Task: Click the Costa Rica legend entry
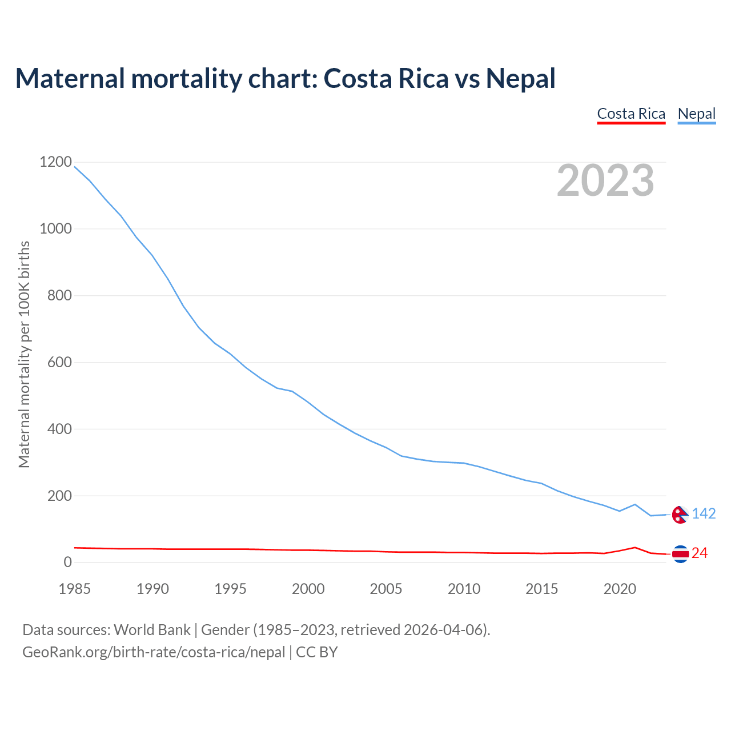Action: pos(631,114)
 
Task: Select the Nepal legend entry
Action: pos(696,114)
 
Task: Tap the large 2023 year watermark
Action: pos(605,180)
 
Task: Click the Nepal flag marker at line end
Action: pos(680,515)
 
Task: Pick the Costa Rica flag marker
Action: pos(680,553)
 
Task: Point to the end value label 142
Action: pos(704,514)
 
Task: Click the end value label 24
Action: pos(700,553)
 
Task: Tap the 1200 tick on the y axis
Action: pos(55,162)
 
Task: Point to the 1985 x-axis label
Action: pos(75,589)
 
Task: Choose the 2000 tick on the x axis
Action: pos(308,589)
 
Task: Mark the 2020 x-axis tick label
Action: pos(620,589)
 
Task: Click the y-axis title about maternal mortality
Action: pos(24,354)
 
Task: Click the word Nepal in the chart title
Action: pos(520,78)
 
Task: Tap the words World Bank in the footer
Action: pos(152,630)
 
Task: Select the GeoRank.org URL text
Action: pos(154,652)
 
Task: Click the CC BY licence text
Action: pos(317,652)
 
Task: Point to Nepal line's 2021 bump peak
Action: pos(635,504)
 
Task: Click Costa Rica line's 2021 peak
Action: pos(635,547)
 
